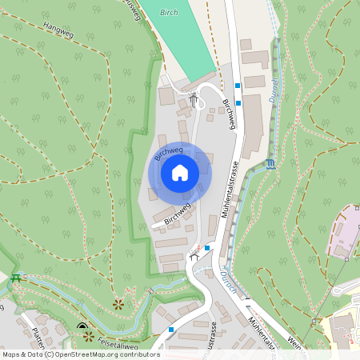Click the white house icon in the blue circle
click(x=180, y=172)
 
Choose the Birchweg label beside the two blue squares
click(x=230, y=114)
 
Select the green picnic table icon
click(x=15, y=278)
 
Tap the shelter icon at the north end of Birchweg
click(x=194, y=99)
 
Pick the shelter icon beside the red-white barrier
click(x=193, y=256)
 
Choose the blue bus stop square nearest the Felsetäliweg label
click(x=171, y=329)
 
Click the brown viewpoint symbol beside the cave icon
click(x=89, y=336)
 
